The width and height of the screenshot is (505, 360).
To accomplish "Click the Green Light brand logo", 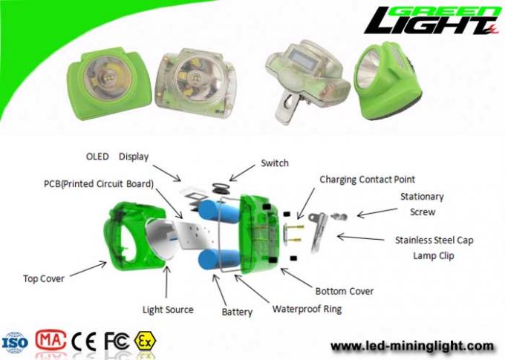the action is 432,20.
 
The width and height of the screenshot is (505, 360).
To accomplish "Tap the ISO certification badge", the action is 15,342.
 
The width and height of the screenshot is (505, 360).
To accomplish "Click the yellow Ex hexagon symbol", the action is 145,341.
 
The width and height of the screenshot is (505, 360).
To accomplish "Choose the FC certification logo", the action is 117,341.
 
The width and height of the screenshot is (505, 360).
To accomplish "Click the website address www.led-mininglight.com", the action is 412,346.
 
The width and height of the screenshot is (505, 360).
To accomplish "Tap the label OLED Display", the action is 117,157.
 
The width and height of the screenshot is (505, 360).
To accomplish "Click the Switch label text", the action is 274,163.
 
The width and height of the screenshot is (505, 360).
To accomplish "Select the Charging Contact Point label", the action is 367,180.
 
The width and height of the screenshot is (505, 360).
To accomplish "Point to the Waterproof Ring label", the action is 307,309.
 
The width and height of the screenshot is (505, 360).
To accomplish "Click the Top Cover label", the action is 44,278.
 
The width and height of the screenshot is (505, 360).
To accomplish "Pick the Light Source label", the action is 168,310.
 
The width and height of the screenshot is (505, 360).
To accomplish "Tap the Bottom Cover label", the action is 345,291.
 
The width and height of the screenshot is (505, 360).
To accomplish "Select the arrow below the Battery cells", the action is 221,291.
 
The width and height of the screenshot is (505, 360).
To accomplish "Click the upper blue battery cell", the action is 218,210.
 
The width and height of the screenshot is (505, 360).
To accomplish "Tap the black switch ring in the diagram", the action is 221,188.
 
